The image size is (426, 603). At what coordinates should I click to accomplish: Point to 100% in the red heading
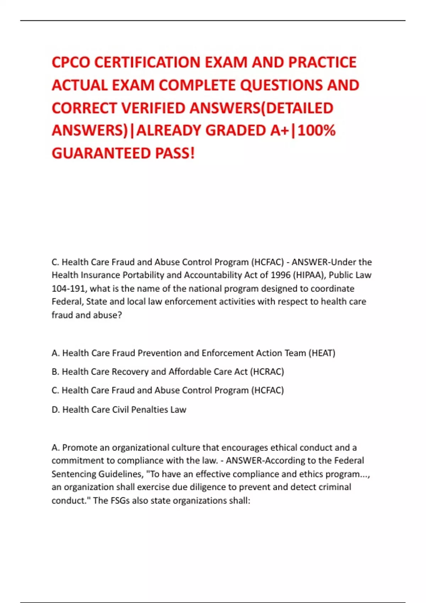click(x=316, y=131)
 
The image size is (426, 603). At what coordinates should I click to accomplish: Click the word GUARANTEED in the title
click(x=101, y=153)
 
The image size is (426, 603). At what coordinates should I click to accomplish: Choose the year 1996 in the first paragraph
click(x=280, y=275)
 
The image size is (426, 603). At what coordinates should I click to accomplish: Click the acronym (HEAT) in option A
click(x=322, y=353)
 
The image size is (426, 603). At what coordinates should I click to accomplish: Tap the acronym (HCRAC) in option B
click(x=267, y=372)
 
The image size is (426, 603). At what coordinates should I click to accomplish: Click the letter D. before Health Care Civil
click(x=56, y=410)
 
